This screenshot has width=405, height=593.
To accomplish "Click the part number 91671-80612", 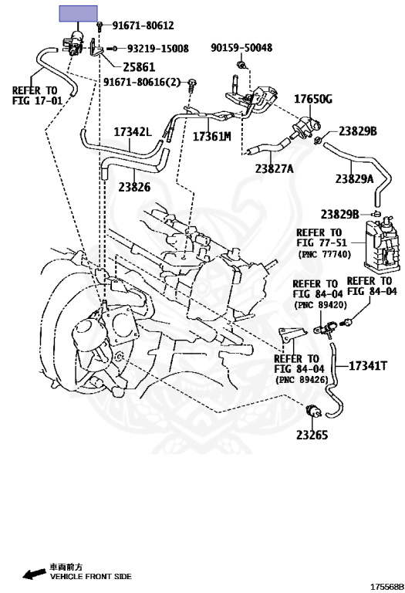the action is click(143, 25).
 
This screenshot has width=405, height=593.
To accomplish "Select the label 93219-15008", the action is click(157, 49).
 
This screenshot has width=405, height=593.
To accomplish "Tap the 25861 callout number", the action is click(139, 67).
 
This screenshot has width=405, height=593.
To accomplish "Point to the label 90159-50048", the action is click(241, 48).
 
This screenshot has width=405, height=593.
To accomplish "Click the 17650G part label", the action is click(313, 99).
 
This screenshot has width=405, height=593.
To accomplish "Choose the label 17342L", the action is click(133, 132).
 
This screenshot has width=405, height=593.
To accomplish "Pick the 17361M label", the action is click(211, 137).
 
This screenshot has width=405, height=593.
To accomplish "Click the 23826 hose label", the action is click(134, 187).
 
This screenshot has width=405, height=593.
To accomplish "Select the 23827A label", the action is click(275, 168).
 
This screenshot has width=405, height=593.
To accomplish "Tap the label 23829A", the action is click(354, 178).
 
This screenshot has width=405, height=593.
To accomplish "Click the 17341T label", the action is click(368, 366).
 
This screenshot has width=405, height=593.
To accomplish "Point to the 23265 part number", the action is click(312, 435).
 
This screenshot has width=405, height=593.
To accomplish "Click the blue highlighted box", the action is click(78, 14).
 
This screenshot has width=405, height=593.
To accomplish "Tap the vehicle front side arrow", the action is click(33, 574).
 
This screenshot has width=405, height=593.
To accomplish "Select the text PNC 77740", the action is click(325, 254).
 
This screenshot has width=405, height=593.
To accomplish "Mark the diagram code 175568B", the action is click(386, 587).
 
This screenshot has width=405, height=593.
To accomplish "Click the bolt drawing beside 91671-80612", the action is click(100, 26).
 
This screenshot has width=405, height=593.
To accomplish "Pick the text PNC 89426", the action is click(302, 379).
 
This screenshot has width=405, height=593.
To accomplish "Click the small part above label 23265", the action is click(314, 411).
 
